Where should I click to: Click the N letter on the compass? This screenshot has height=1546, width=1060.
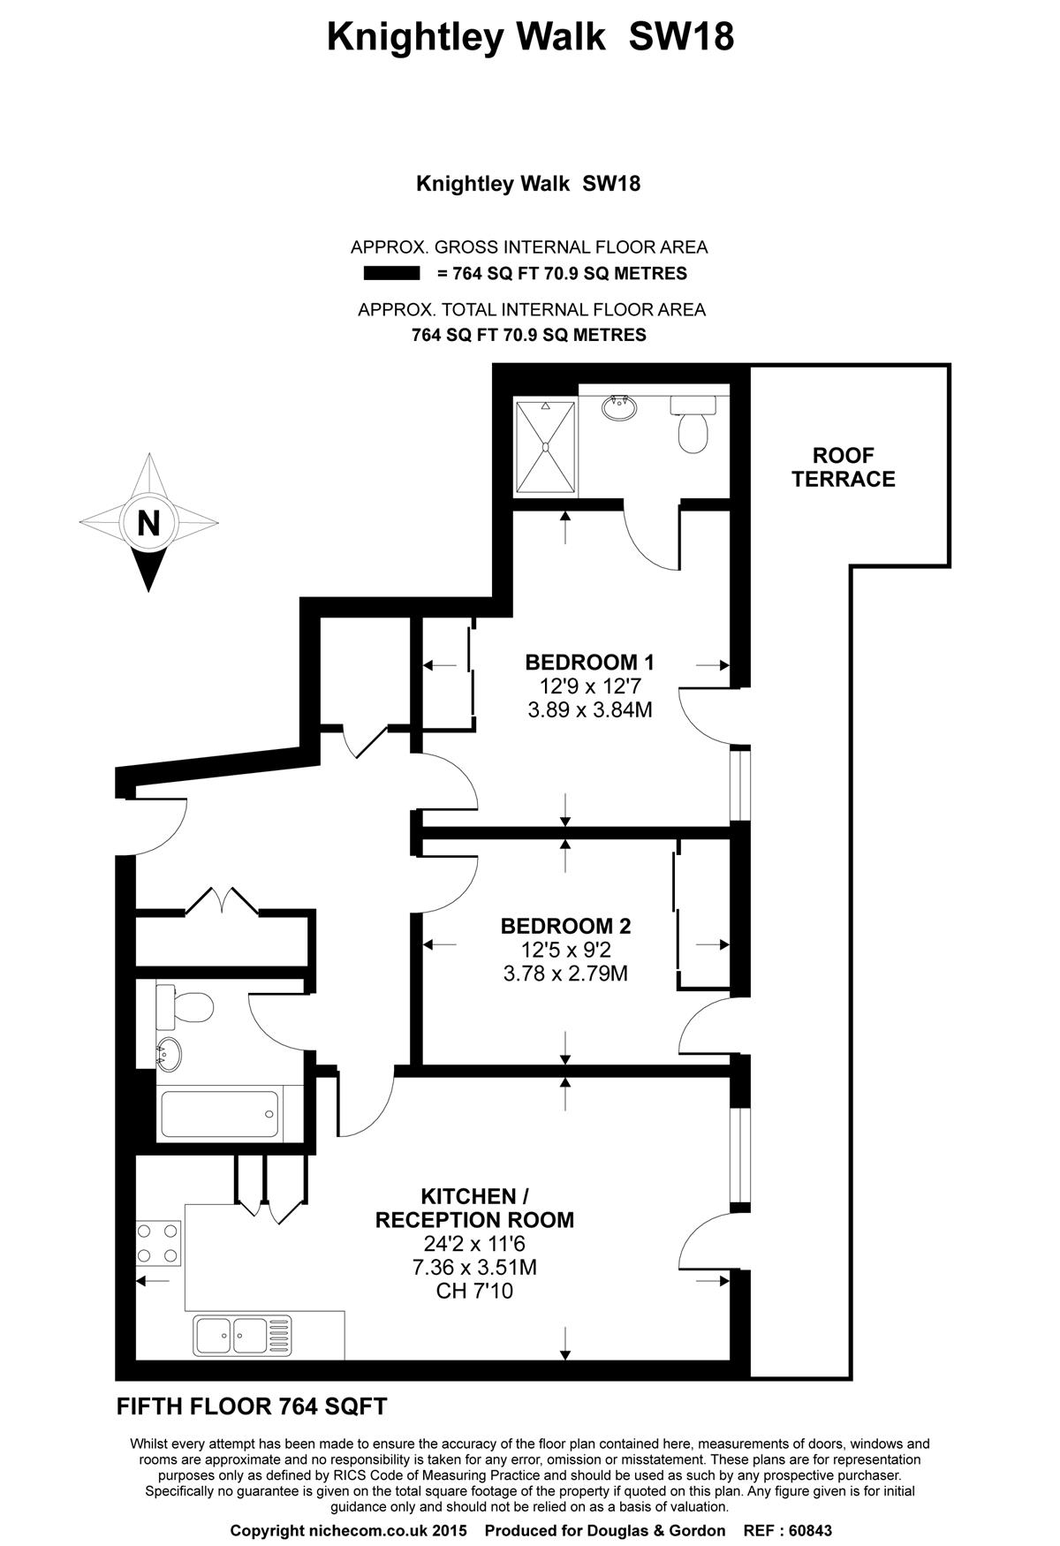[x=148, y=523]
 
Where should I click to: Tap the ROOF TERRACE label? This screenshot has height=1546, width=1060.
[x=843, y=467]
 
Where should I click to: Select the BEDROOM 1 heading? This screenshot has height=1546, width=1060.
[x=589, y=662]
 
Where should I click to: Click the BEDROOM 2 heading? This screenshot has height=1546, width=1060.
[x=565, y=926]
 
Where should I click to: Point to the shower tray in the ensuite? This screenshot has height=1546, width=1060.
[x=546, y=446]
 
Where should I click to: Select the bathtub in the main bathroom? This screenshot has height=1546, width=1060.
[x=220, y=1115]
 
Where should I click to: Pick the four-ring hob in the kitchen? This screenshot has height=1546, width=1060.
[x=158, y=1243]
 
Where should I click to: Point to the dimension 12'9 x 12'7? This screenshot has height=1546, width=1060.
[x=589, y=686]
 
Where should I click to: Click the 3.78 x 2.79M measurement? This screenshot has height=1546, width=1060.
[x=565, y=974]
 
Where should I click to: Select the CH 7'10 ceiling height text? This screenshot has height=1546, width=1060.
[x=474, y=1292]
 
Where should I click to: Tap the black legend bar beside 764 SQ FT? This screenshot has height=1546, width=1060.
[x=391, y=274]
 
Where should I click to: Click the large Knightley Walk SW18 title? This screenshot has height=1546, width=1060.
[x=530, y=37]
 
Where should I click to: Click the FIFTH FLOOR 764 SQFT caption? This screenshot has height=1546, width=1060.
[x=252, y=1406]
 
